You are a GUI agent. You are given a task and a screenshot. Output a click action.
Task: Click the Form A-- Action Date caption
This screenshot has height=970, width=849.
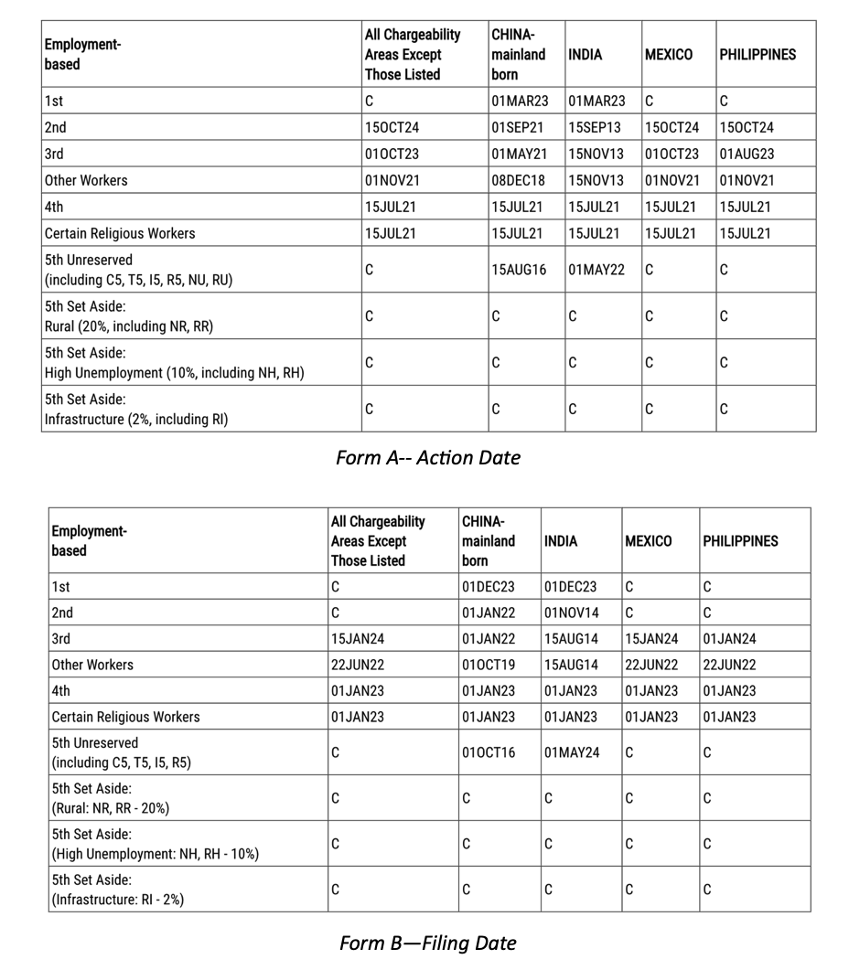point(427,458)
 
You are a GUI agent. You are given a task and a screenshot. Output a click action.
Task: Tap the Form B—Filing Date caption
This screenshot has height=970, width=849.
point(427,943)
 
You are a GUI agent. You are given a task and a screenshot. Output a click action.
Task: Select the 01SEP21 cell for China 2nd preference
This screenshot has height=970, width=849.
point(517,128)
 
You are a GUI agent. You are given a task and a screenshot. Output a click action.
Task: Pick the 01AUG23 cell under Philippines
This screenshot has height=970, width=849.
point(747,155)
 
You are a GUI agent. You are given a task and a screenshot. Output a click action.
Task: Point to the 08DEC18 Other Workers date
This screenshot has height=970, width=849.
point(518,181)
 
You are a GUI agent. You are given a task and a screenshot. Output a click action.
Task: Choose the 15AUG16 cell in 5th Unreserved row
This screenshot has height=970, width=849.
point(519,271)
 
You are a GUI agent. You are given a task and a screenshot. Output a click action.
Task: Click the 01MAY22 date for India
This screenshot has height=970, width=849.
point(596,271)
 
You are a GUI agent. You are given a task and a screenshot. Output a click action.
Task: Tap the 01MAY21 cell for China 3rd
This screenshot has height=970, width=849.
point(519,155)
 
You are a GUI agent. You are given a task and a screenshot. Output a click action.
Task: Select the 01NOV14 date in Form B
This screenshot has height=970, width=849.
point(572,613)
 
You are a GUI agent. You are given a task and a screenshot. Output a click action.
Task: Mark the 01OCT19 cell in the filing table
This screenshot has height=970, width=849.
point(489,666)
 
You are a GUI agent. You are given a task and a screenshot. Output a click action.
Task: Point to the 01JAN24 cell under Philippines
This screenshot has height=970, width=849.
point(729,640)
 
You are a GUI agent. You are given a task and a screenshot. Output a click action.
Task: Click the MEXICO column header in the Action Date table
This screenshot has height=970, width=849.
point(669,55)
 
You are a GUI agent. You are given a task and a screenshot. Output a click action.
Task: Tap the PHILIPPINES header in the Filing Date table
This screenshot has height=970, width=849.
point(740,541)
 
